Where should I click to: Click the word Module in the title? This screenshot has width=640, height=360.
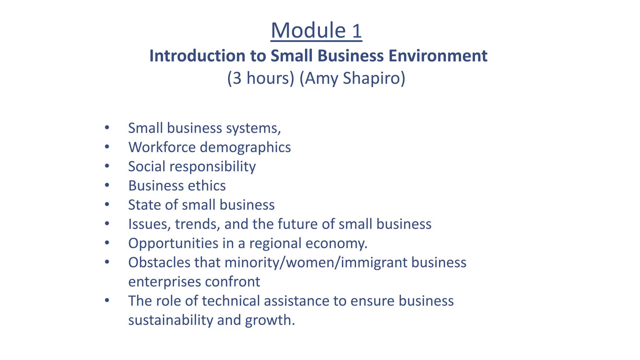coord(308,31)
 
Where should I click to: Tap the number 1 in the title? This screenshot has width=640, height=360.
coord(357,31)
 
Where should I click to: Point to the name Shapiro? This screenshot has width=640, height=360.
coord(374,78)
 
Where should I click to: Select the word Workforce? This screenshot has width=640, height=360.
coord(162,147)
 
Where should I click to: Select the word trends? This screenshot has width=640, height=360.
coord(197,224)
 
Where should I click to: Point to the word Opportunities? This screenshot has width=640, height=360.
coord(173,244)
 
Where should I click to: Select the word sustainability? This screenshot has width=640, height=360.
coord(170,320)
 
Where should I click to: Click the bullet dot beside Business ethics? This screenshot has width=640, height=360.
coord(107,185)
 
